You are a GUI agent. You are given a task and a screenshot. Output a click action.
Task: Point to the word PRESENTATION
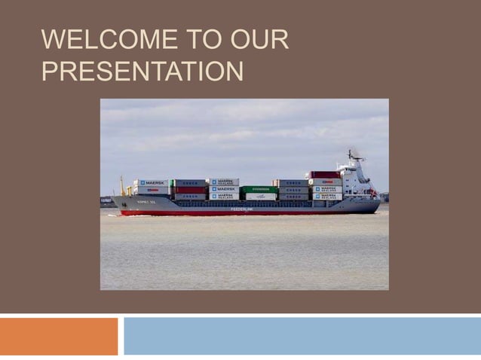142,72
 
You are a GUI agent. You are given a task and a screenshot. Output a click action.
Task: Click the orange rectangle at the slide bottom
59,336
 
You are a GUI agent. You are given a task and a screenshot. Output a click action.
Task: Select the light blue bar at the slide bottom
302,336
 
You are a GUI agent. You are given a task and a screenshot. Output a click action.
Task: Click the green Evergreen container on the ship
259,190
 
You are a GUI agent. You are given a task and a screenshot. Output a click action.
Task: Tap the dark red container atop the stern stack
324,175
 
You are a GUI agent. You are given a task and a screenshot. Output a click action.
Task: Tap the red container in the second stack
189,190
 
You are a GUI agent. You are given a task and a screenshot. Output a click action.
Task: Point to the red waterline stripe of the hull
241,213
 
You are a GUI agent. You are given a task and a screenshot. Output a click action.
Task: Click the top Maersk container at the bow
152,183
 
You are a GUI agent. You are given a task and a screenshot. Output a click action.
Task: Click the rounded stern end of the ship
376,205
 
